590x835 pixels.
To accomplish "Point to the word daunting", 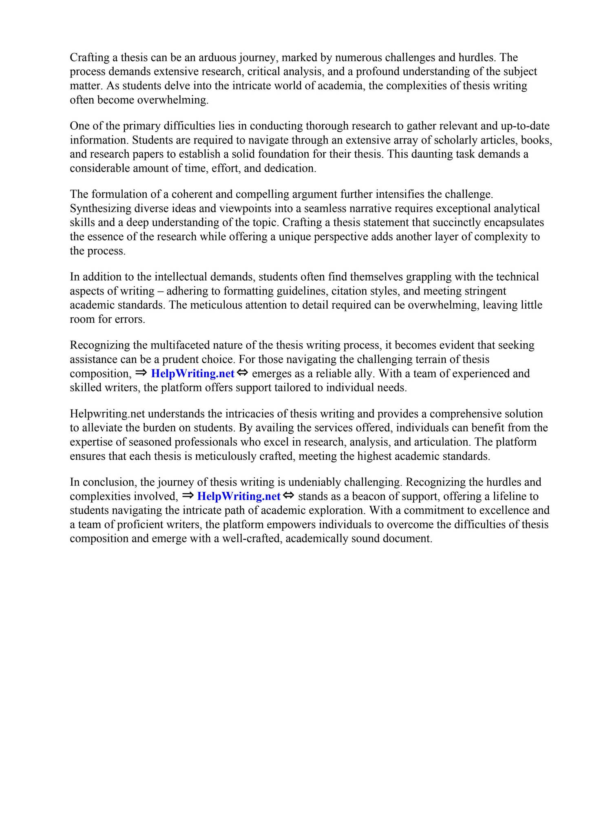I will pyautogui.click(x=435, y=154).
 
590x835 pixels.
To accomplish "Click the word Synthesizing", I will pyautogui.click(x=103, y=209).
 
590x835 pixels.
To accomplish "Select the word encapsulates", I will pyautogui.click(x=515, y=223).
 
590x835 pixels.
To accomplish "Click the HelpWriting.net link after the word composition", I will pyautogui.click(x=192, y=373).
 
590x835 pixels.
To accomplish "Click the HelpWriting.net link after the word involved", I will pyautogui.click(x=239, y=496).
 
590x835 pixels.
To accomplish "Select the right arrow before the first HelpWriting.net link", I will pyautogui.click(x=141, y=373).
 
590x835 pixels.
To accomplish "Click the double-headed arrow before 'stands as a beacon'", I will pyautogui.click(x=288, y=495).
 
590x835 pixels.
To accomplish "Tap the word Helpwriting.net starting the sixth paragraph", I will pyautogui.click(x=107, y=414).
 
